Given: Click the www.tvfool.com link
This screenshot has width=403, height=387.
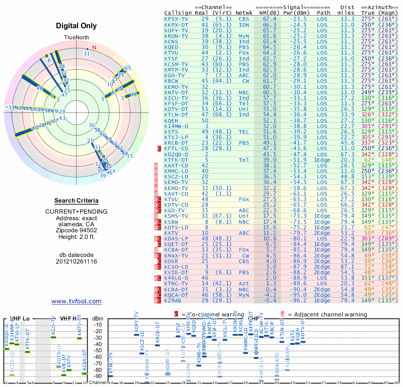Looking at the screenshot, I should [77, 301].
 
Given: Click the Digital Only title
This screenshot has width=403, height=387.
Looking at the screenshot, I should [77, 26].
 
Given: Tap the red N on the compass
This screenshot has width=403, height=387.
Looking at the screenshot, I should [94, 47].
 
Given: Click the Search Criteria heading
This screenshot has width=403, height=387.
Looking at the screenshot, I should [77, 201].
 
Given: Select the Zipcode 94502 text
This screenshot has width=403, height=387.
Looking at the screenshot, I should [77, 230].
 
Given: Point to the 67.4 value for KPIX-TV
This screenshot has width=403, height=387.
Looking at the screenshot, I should [268, 19].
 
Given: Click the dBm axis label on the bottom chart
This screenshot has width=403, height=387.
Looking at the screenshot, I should [97, 318].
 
